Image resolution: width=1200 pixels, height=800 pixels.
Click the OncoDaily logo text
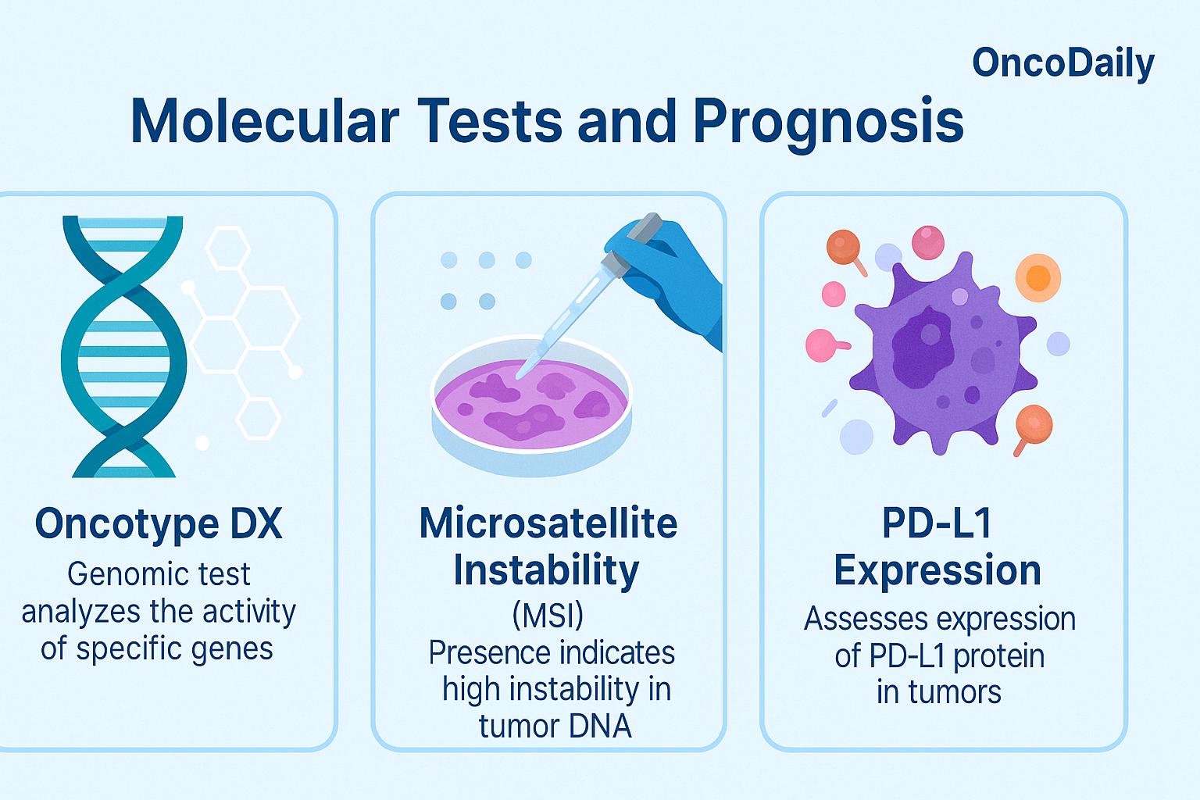1062,64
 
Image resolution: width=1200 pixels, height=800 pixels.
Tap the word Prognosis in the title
828,124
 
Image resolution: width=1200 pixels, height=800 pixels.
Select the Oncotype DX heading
159,523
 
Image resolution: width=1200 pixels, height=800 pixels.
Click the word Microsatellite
548,523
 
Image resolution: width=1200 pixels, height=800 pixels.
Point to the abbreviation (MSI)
548,615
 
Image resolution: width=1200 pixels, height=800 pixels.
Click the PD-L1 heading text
937,523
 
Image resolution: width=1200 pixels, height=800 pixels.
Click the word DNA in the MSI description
600,727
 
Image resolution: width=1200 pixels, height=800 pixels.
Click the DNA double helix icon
123,346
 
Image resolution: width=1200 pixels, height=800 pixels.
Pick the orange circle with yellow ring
1038,277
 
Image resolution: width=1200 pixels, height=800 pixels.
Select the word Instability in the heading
546,570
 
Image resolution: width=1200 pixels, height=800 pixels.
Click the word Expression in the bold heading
937,571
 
